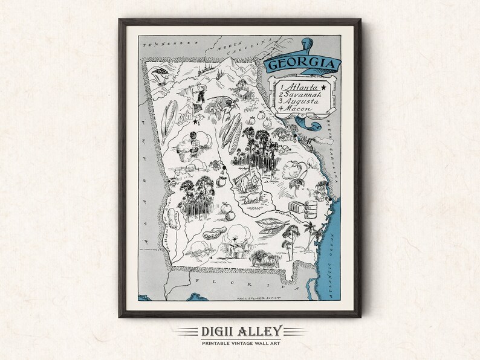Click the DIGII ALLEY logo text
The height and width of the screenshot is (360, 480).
click(x=239, y=332)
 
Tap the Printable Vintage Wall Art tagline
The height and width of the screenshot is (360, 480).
click(x=239, y=344)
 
